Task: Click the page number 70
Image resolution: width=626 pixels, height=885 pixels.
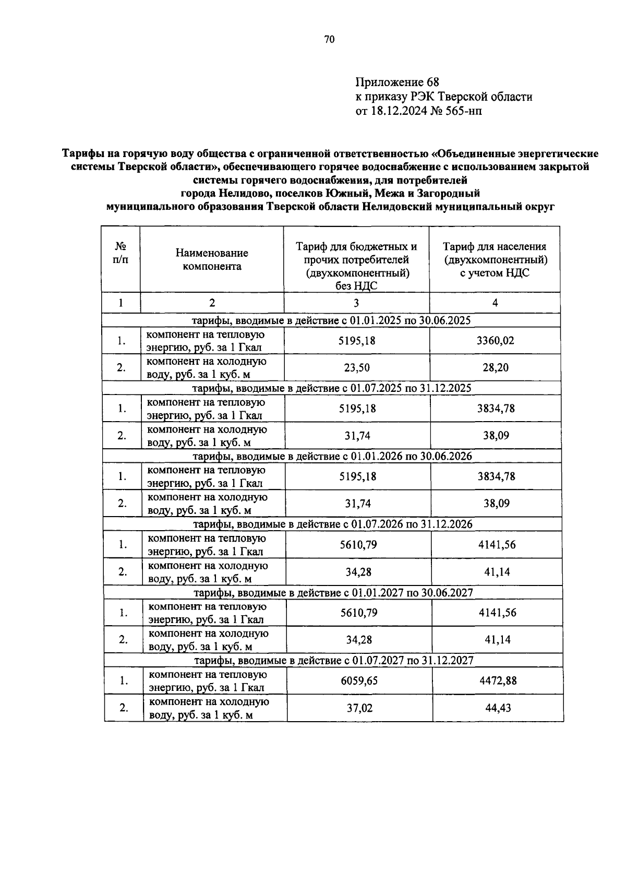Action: point(329,40)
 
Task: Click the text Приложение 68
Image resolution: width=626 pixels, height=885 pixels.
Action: point(397,82)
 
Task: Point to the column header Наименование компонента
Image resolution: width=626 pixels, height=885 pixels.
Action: point(212,259)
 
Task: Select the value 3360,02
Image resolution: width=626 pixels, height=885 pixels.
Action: point(495,341)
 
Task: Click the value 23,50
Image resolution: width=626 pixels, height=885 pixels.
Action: point(357,368)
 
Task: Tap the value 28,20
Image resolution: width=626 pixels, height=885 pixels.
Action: point(495,368)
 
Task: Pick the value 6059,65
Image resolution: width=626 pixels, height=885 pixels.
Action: point(359,681)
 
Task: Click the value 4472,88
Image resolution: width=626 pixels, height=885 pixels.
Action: point(498,681)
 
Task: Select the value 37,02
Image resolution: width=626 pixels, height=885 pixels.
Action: point(359,708)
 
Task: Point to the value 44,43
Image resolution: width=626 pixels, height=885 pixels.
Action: point(498,708)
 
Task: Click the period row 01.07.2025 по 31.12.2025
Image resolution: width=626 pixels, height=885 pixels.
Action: point(332,388)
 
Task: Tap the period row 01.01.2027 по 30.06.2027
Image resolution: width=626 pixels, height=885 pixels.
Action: point(333,592)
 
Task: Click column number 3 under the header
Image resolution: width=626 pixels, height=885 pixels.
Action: point(356,303)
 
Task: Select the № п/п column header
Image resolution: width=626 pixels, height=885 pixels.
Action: point(121,253)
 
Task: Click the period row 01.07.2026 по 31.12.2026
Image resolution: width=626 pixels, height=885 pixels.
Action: point(333,524)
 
